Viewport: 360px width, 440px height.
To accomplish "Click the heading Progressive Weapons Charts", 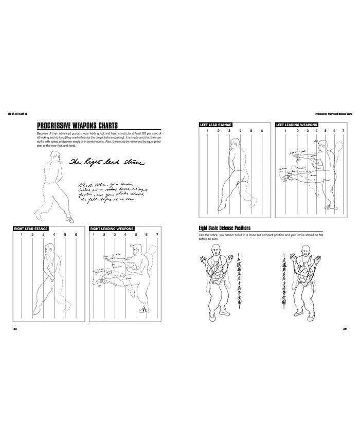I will pyautogui.click(x=78, y=126).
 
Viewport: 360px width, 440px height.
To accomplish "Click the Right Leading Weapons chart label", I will pyautogui.click(x=112, y=228).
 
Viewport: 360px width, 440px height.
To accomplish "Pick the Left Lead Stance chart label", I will pyautogui.click(x=215, y=125).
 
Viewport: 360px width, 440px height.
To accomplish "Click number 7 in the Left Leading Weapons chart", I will pyautogui.click(x=343, y=131).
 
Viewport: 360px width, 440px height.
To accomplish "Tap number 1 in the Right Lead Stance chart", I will pyautogui.click(x=21, y=235).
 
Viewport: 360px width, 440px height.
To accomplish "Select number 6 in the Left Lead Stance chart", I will pyautogui.click(x=262, y=131).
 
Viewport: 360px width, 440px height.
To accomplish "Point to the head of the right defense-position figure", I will pyautogui.click(x=305, y=251).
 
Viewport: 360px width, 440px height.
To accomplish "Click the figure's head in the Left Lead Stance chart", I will pyautogui.click(x=232, y=147).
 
